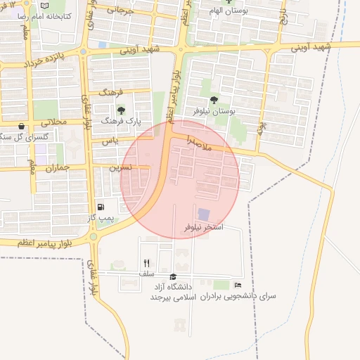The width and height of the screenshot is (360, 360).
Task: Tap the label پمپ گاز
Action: click(x=101, y=219)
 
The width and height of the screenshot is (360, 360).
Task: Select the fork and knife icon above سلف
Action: click(x=146, y=263)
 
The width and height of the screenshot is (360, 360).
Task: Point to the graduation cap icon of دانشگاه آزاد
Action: click(x=174, y=276)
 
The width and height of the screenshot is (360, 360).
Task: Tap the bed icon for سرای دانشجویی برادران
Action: click(x=238, y=285)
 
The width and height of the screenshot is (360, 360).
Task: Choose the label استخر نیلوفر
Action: click(x=203, y=227)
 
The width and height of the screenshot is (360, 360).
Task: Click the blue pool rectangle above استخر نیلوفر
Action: click(x=203, y=214)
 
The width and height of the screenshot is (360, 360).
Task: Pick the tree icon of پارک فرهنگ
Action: click(x=122, y=110)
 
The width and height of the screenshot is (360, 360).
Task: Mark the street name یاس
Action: click(x=109, y=141)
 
